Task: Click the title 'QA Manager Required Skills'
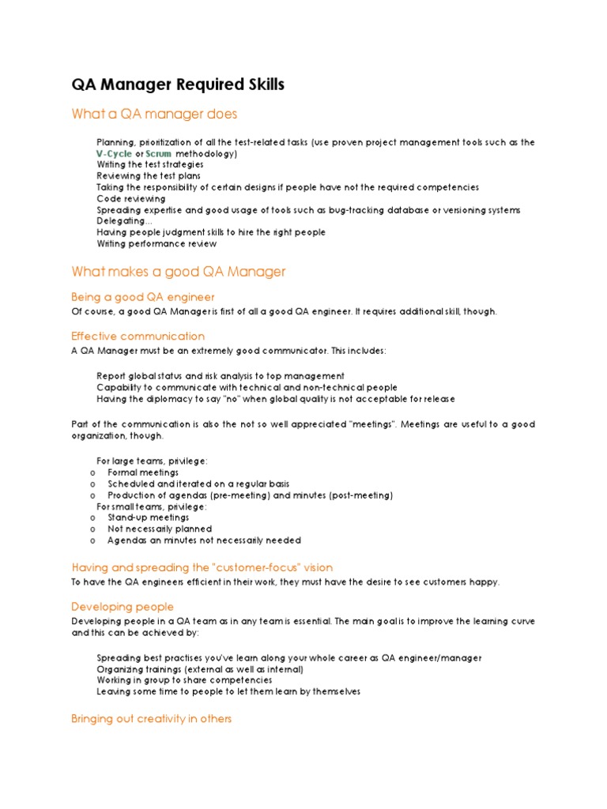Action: tap(178, 85)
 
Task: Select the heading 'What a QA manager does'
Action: tap(154, 115)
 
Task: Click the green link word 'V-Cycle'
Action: tap(115, 153)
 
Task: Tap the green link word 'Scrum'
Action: tap(159, 153)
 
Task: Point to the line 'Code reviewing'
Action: tap(131, 199)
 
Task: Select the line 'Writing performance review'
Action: tap(156, 244)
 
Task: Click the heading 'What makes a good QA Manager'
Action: tap(178, 272)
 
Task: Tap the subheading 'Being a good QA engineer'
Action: tap(142, 297)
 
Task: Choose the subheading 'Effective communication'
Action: tap(138, 337)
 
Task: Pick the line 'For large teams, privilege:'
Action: tap(152, 461)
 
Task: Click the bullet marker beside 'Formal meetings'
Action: tap(93, 472)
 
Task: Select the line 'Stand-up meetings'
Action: tap(149, 517)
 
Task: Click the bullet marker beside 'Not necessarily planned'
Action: tap(93, 529)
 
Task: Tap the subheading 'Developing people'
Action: tap(123, 607)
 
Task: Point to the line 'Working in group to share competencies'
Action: tap(184, 680)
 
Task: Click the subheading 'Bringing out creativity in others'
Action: tap(151, 720)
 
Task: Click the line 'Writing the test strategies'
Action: tap(150, 164)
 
